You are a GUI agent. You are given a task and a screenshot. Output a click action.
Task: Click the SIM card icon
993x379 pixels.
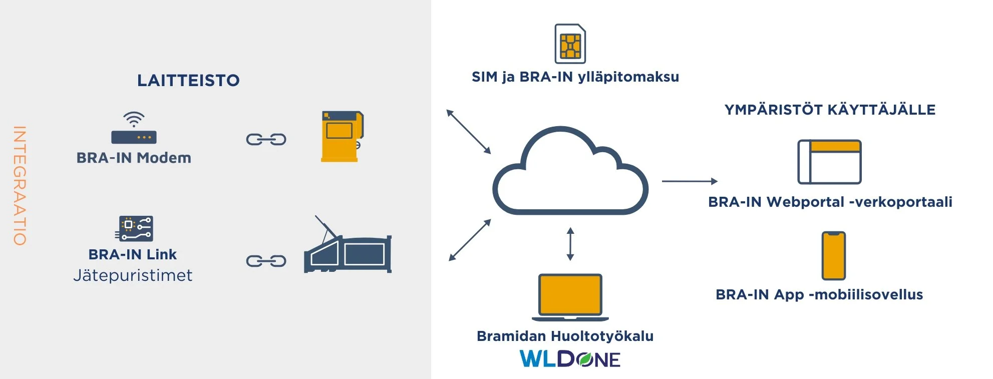pos(570,44)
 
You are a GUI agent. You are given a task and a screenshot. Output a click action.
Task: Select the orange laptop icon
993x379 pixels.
pos(570,296)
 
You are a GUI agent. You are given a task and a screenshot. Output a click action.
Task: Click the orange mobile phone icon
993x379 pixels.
pos(833,255)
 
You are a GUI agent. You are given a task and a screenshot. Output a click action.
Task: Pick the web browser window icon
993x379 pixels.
pos(829,162)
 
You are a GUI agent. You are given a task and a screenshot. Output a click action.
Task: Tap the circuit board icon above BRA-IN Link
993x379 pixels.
pos(135,228)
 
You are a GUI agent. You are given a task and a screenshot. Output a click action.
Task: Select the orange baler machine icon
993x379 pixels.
pos(342,136)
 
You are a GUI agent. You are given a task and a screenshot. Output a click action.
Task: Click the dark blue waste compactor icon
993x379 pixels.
pos(348,248)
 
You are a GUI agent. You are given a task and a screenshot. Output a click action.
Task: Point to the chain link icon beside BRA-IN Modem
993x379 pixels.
pos(266,139)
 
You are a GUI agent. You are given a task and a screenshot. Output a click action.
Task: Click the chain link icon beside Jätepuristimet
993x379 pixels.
pos(266,261)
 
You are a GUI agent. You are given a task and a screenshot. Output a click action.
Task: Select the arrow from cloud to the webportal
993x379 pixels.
pos(689,181)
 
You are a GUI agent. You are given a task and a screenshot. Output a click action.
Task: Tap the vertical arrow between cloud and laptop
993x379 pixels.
pos(570,244)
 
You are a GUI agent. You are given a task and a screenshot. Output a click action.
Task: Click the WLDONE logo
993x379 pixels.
pos(570,359)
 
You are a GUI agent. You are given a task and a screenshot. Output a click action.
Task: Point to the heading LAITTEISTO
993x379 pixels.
pos(188,81)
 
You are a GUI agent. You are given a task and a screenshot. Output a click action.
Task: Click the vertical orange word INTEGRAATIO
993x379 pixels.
pos(20,185)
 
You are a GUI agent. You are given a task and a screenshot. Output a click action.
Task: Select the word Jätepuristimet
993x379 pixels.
pos(133,275)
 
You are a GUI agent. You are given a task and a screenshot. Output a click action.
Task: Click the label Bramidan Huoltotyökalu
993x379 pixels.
pos(565,336)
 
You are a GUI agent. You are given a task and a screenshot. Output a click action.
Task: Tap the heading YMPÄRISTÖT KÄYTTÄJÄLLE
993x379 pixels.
pos(830,110)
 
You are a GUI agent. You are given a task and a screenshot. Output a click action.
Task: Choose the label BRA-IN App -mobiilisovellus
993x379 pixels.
pos(819,294)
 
